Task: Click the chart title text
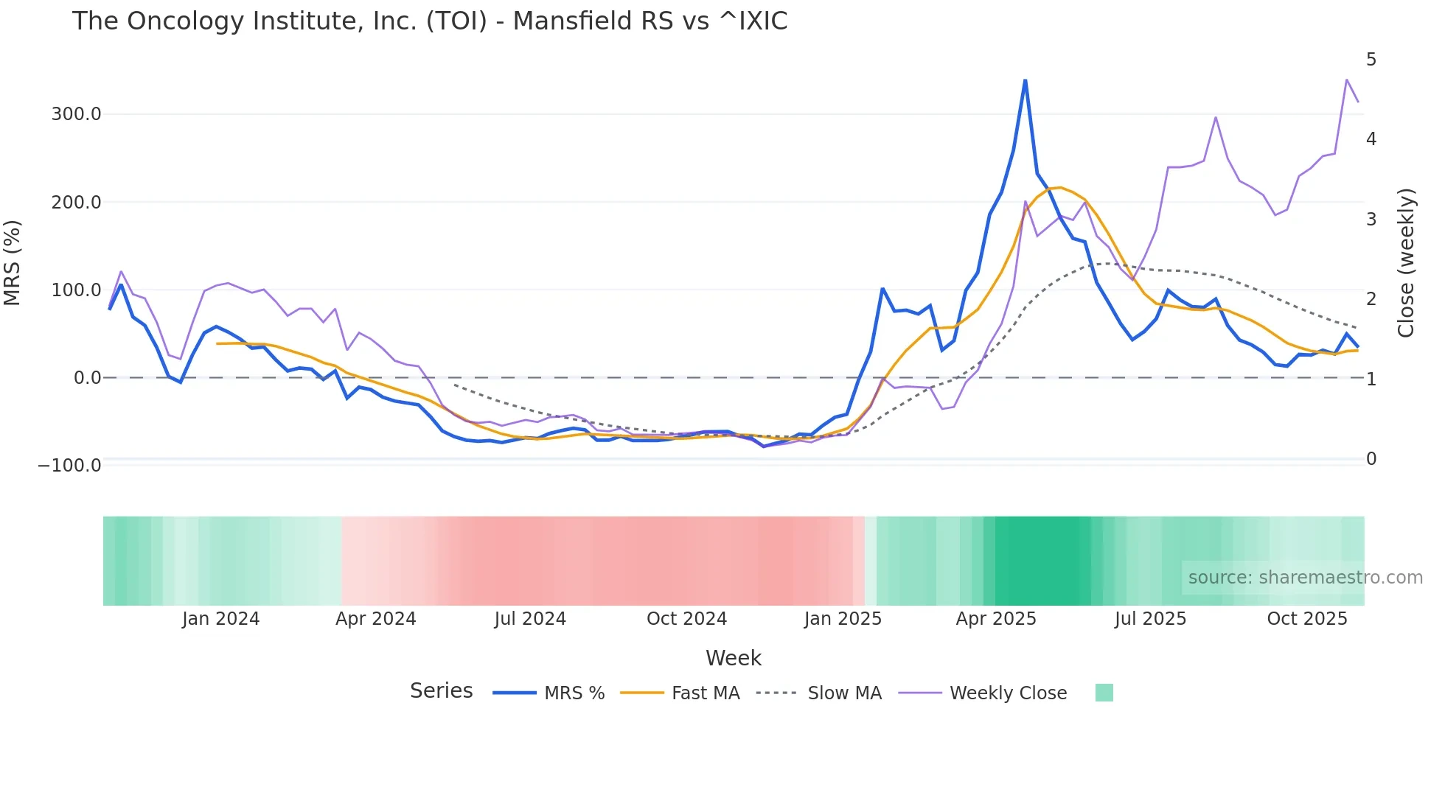(x=429, y=21)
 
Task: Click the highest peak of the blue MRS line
(x=1025, y=80)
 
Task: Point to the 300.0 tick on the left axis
(x=76, y=114)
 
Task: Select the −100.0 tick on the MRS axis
(x=69, y=466)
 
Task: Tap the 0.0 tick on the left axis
(x=87, y=378)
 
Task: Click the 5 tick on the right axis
(x=1371, y=60)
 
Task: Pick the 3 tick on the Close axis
(x=1371, y=220)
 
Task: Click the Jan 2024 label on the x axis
(x=220, y=619)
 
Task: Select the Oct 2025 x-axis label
(x=1306, y=619)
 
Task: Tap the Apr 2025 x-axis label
(x=995, y=619)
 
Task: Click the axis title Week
(x=733, y=658)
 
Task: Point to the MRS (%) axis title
(x=13, y=262)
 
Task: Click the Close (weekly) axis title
(x=1406, y=262)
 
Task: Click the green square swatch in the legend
(x=1104, y=693)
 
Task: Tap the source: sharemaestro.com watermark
(x=1305, y=578)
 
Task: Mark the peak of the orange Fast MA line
(x=1059, y=187)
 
